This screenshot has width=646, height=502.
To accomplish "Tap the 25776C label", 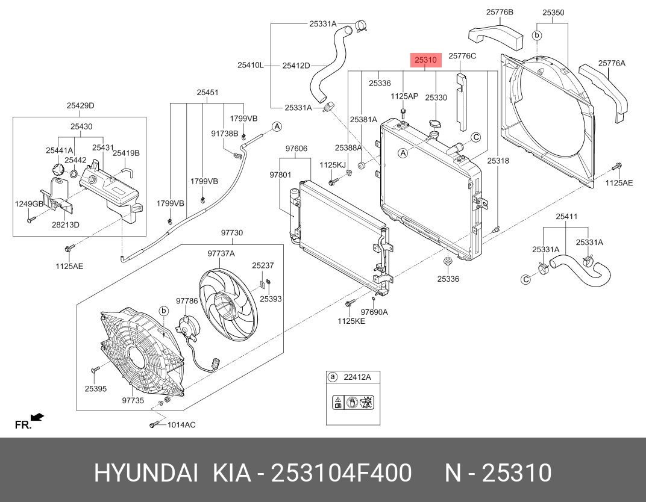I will [462, 56].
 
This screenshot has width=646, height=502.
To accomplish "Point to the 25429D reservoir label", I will [80, 106].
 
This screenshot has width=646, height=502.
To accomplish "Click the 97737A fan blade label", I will [221, 254].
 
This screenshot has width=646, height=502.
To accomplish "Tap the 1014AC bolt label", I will [181, 425].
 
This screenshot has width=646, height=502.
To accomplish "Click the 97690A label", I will [374, 312].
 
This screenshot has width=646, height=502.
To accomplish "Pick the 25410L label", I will [250, 65].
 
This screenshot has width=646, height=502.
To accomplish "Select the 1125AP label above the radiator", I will [404, 96].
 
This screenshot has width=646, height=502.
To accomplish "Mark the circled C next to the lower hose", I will [525, 279].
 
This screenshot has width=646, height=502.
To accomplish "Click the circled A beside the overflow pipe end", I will [277, 126].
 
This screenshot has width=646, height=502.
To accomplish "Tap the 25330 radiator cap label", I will [436, 97].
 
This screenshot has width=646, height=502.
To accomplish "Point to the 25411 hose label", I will [566, 217].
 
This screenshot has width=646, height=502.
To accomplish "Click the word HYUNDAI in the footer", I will [145, 474].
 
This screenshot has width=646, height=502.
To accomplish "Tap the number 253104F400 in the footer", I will [342, 474].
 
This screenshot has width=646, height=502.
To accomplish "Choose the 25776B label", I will [500, 12].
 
